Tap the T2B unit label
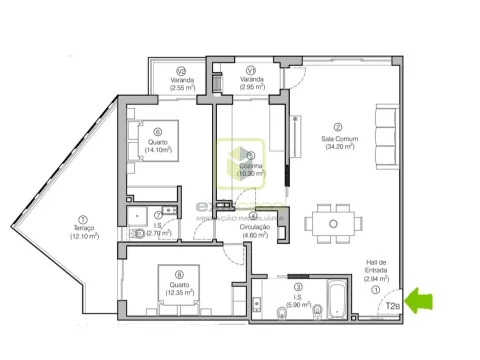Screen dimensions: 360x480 (393, 306)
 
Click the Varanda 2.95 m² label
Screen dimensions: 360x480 (251, 83)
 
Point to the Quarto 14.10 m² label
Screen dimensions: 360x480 (158, 146)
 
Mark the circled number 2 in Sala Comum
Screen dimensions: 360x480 (338, 126)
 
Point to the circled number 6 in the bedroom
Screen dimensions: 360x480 (158, 131)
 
